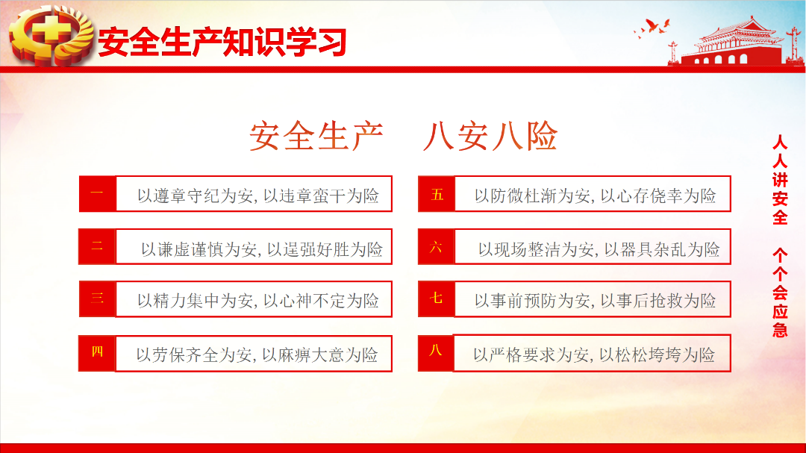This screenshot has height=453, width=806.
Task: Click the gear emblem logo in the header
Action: click(x=51, y=35)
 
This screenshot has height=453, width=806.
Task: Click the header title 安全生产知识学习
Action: click(x=222, y=42)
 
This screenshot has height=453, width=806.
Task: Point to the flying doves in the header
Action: click(x=652, y=28)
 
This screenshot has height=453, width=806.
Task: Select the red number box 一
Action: click(x=97, y=194)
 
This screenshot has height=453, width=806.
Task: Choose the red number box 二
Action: click(x=97, y=247)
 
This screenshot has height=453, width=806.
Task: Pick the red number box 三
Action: click(x=97, y=299)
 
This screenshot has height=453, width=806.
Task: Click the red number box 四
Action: click(x=97, y=353)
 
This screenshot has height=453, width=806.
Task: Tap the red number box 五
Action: click(x=437, y=194)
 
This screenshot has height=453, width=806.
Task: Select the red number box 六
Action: click(x=437, y=247)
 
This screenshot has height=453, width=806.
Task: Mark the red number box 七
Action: click(x=437, y=299)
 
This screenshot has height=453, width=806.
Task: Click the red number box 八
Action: click(x=436, y=353)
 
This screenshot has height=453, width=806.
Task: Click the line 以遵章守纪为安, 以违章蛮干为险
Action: click(x=258, y=196)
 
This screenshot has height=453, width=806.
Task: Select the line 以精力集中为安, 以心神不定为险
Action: click(x=258, y=301)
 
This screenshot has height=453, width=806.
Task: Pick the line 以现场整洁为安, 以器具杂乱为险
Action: click(x=599, y=249)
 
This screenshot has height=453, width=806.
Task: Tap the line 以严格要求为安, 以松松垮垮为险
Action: click(x=594, y=354)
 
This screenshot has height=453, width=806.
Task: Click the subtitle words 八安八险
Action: click(x=490, y=137)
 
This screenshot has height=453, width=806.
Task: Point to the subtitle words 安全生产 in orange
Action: click(x=316, y=137)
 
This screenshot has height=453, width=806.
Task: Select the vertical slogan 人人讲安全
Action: click(x=781, y=180)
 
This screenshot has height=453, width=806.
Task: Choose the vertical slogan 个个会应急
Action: click(x=781, y=293)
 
